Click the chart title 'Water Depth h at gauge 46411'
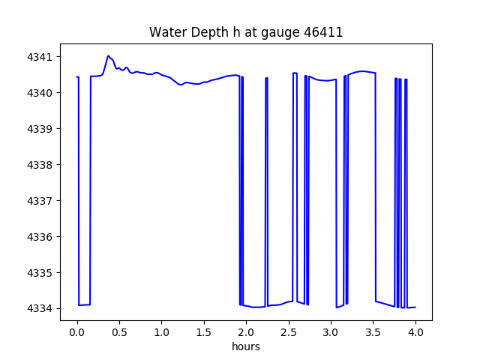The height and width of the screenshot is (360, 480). [246, 32]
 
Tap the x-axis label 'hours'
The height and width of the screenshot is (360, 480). [246, 347]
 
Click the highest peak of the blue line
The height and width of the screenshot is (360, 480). [108, 55]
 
